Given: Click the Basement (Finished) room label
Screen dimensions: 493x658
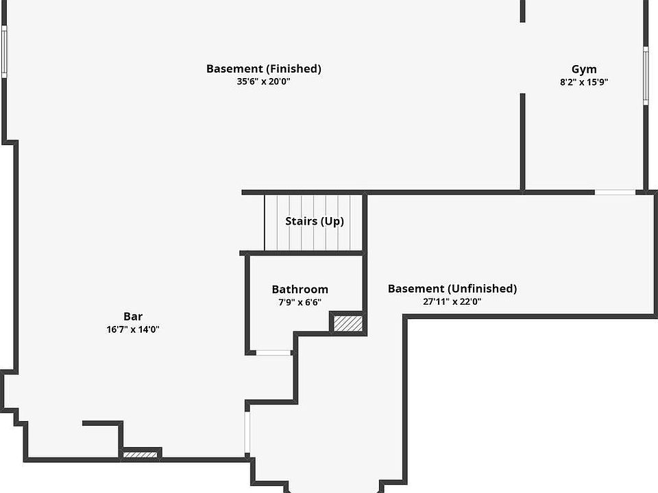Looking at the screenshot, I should coord(263,68).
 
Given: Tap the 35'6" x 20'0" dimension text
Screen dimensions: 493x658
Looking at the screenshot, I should coord(263,81).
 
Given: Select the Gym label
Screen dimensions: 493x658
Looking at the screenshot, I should coord(584,69).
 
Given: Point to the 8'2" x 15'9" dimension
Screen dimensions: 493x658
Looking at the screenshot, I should coord(584,82).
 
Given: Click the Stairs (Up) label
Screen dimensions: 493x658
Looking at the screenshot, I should coord(315,221).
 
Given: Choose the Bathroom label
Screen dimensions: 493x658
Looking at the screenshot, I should coord(300,290).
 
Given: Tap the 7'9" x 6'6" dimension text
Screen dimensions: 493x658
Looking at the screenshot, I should coord(300,302).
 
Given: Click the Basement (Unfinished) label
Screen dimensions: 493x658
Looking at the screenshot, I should coord(452,288).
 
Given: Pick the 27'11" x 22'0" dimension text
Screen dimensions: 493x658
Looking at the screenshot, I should coord(452,301).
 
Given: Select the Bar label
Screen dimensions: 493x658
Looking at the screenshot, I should coord(133,316).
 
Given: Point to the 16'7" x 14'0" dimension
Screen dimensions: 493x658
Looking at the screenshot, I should coord(133,329).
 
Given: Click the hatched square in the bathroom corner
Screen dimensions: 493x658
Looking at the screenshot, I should coord(348,323).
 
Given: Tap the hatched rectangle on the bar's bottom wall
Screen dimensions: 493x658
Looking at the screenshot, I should coord(141,454).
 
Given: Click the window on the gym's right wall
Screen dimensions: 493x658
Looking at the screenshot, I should coord(646,75).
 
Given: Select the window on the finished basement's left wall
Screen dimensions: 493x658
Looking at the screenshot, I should coord(3,51).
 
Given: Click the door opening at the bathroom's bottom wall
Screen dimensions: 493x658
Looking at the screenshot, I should coord(273,353).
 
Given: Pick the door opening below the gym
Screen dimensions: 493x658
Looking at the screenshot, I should coord(615,192).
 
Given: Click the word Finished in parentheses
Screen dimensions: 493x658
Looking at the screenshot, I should coord(294,68).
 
